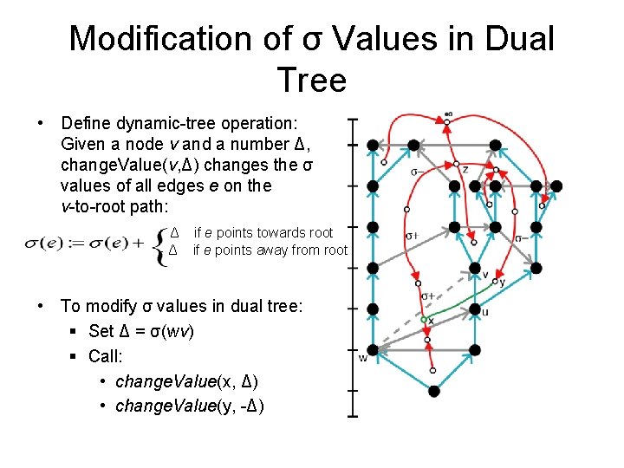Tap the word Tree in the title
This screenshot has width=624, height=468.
tap(312, 81)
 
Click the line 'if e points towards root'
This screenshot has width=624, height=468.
tap(263, 232)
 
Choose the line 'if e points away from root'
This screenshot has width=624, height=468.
tap(270, 250)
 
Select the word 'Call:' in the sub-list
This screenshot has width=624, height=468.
tap(107, 356)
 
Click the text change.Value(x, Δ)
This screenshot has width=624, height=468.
tap(185, 381)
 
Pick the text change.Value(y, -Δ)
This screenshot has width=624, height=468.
tap(189, 406)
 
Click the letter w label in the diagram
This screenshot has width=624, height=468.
tap(362, 359)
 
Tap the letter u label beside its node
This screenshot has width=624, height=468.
tap(485, 313)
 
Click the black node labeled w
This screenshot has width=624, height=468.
tap(373, 351)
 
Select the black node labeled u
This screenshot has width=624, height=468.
tap(474, 309)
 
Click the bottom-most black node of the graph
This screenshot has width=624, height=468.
tap(433, 391)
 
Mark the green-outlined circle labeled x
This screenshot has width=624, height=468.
tap(424, 320)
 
